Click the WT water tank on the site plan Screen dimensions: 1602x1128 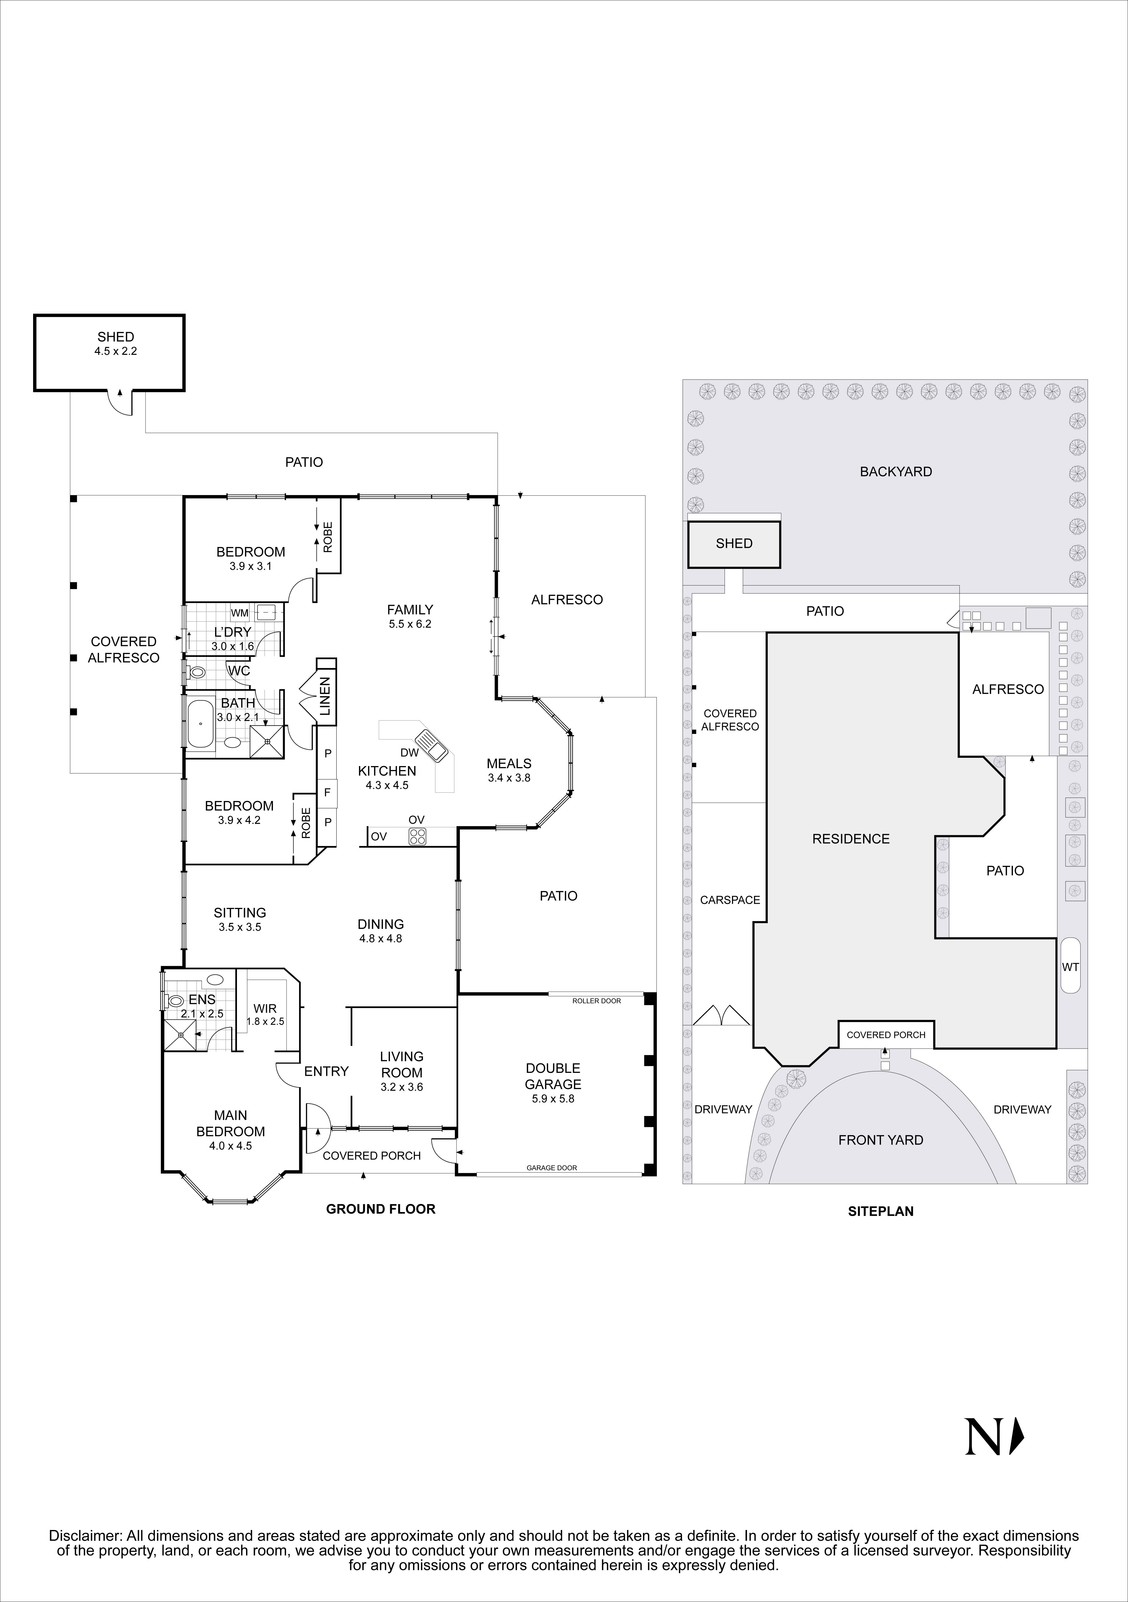[x=1070, y=966]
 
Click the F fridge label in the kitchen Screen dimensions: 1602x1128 [x=327, y=793]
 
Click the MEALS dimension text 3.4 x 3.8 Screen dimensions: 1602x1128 [x=509, y=778]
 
